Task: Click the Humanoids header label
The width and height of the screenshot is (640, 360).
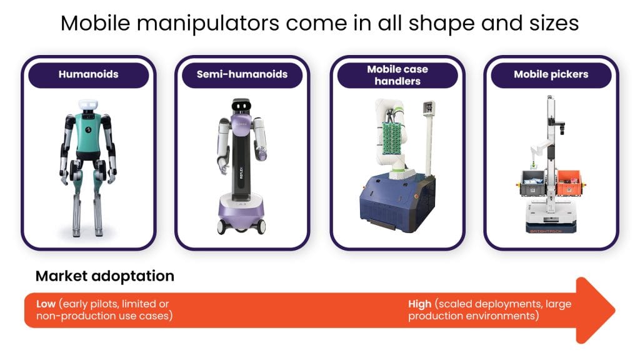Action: [89, 74]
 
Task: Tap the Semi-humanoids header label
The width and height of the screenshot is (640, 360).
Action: [242, 74]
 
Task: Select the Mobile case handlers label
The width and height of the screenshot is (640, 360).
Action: [397, 75]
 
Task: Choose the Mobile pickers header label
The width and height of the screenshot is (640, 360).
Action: [551, 74]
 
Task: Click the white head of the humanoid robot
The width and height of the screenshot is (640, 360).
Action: [88, 104]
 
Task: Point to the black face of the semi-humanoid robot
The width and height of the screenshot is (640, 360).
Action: [241, 106]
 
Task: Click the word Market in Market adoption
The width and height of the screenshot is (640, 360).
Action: [62, 276]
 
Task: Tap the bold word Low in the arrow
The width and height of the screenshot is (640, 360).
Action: [46, 304]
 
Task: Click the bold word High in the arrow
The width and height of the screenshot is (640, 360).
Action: [419, 304]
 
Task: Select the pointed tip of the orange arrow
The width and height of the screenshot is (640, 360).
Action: [615, 310]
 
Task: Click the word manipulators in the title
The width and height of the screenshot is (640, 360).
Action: [207, 23]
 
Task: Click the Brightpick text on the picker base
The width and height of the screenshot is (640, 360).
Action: [546, 231]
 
